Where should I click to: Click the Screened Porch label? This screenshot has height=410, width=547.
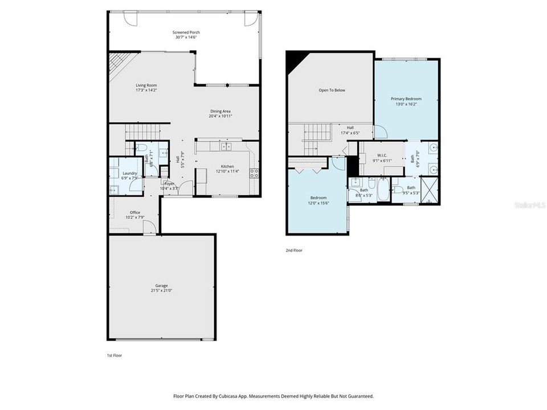[186, 32]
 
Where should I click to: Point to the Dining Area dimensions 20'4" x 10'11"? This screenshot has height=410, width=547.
[220, 116]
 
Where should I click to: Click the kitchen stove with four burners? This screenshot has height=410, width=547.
[254, 173]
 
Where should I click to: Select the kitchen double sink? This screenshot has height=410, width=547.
[226, 146]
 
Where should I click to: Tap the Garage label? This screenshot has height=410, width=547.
[161, 286]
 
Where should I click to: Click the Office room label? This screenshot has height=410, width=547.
[134, 212]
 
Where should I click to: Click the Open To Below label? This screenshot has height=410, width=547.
[331, 90]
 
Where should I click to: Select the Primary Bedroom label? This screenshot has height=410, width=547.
[406, 99]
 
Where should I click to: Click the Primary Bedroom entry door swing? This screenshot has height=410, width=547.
[381, 132]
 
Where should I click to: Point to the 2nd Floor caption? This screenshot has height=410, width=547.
[294, 250]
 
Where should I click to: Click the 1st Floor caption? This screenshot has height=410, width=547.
[114, 355]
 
